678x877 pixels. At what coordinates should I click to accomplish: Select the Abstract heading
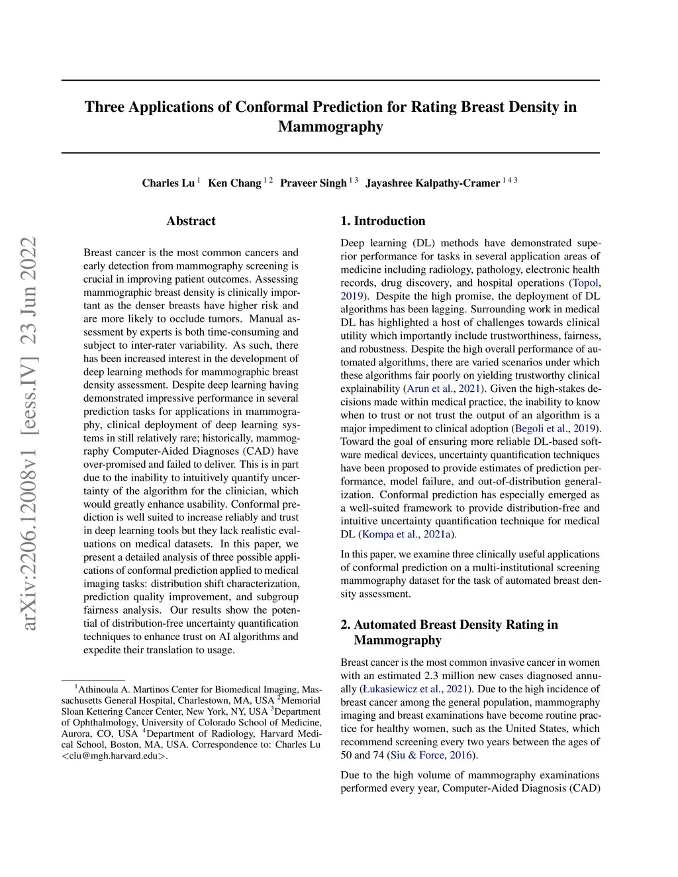(x=191, y=221)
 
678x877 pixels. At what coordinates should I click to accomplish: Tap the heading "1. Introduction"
(x=383, y=221)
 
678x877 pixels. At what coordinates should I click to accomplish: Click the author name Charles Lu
(x=168, y=183)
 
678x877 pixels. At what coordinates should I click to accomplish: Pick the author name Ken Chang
(x=234, y=183)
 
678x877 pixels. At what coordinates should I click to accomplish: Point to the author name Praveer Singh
(x=313, y=183)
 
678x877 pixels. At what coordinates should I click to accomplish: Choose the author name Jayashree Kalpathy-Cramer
(x=432, y=183)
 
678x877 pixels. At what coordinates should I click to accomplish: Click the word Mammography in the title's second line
(x=330, y=126)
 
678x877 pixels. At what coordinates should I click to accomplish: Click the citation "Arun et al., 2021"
(x=444, y=389)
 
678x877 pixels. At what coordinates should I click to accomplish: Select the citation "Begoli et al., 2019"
(x=555, y=428)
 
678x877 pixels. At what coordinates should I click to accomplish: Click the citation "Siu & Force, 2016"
(x=432, y=755)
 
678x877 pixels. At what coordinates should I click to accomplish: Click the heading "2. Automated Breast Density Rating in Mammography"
(x=449, y=632)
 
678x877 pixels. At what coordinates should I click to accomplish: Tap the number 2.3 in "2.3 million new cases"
(x=430, y=676)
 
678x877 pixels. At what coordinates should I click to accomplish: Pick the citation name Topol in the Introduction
(x=585, y=283)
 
